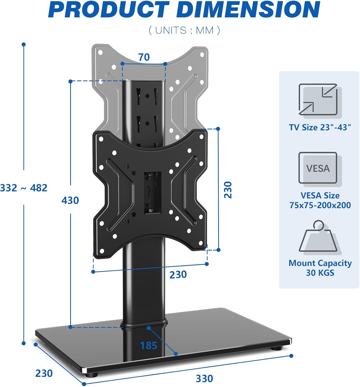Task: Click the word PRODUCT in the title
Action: (x=108, y=10)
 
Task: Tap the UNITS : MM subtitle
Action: (x=184, y=30)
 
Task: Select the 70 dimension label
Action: (x=144, y=57)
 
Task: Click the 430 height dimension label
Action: (x=70, y=200)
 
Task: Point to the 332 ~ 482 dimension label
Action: (x=24, y=188)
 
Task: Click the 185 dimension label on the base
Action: (x=149, y=345)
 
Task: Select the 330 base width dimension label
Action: (x=204, y=378)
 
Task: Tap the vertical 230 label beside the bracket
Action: (x=228, y=190)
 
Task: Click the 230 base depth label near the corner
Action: (x=44, y=373)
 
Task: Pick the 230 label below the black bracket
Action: (x=178, y=275)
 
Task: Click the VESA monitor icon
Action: (x=318, y=168)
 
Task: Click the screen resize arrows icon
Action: (x=318, y=100)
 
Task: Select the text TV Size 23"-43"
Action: (x=320, y=127)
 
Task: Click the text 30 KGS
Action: (x=320, y=273)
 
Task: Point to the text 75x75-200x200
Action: (x=320, y=205)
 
